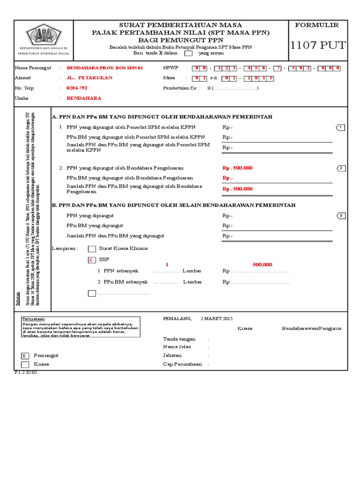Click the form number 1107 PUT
tap(318, 45)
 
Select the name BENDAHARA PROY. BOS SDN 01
tap(105, 68)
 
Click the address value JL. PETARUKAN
tap(87, 78)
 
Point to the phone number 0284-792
tap(77, 88)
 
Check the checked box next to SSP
tap(92, 260)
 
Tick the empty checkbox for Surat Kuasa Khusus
tap(92, 249)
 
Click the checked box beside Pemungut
tap(25, 356)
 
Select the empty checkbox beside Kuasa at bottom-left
tap(25, 364)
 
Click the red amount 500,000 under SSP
tap(262, 265)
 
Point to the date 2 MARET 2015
tap(217, 319)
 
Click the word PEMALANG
tap(177, 319)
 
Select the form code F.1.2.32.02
tap(26, 372)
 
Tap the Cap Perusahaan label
tap(182, 364)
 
